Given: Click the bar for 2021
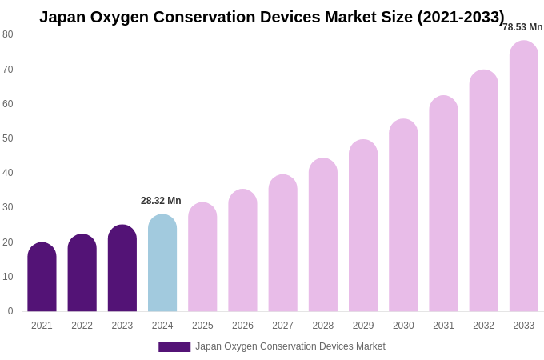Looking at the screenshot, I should (42, 277).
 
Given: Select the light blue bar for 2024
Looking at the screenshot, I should (162, 263).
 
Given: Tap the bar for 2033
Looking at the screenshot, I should (524, 176).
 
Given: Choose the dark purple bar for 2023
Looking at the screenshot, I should (122, 268).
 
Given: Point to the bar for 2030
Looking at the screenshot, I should (403, 215).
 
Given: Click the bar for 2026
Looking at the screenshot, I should (242, 250).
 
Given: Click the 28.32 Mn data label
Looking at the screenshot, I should (161, 201).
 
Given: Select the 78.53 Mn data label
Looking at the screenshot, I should (522, 27).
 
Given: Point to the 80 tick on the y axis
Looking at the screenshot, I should (8, 34).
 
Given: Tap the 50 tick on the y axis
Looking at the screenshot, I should (8, 138).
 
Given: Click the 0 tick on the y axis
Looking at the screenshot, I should (10, 311).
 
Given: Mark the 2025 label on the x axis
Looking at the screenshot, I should (202, 326).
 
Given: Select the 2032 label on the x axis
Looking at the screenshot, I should (483, 326).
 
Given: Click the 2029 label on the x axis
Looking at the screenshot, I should (363, 326).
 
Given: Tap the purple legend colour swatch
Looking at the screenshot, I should (174, 347).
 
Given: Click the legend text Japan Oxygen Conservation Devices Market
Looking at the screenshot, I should (290, 346).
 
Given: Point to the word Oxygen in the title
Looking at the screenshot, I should (125, 17).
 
